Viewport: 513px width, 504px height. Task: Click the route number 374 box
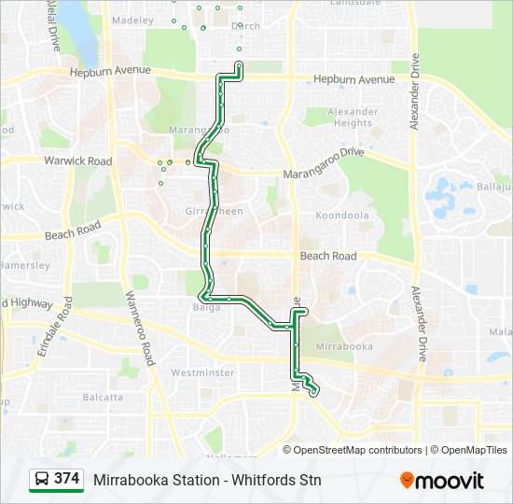coord(66,479)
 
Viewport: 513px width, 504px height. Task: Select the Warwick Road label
coord(77,161)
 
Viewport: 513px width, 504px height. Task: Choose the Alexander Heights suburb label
coord(352,117)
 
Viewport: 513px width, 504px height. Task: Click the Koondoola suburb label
coord(342,215)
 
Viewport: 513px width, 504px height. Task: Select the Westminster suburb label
coord(202,372)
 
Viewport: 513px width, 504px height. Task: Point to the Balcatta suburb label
coord(102,397)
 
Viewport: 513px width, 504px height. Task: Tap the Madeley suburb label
coord(132,19)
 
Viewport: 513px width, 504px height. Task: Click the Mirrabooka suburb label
coord(346,346)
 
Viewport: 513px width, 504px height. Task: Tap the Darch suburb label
coord(245,26)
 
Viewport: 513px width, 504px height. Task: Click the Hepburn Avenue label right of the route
coord(354,79)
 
